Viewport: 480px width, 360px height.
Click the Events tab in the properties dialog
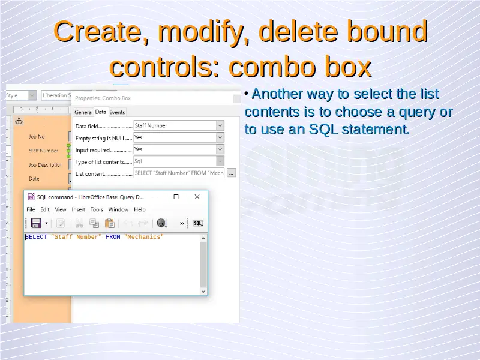[117, 112]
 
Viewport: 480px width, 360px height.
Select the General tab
[83, 112]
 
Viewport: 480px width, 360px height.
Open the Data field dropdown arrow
[220, 125]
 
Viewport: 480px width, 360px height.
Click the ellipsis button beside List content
[231, 173]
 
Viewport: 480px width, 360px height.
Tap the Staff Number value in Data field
[151, 125]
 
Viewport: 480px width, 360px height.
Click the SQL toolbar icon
[198, 223]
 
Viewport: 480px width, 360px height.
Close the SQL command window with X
[197, 197]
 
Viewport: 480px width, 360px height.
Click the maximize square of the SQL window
[176, 197]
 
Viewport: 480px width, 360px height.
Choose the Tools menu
[97, 209]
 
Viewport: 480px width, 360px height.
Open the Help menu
[140, 209]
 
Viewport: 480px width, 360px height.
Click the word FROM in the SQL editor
[113, 237]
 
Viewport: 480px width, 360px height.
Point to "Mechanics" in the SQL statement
[143, 237]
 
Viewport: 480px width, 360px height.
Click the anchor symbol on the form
[19, 121]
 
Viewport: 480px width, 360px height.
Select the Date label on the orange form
[34, 179]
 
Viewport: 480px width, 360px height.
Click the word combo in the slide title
[271, 67]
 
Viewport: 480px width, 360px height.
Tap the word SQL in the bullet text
[323, 129]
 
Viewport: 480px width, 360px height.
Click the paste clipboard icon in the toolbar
[110, 223]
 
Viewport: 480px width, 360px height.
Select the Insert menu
[79, 209]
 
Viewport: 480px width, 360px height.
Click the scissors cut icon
[79, 223]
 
